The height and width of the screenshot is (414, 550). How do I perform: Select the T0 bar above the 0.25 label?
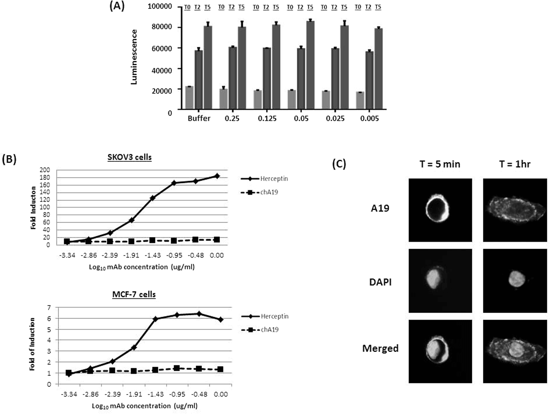[x=223, y=99]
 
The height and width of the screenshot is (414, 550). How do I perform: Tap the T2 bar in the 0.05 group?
[x=301, y=78]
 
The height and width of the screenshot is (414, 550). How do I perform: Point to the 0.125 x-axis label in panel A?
[x=267, y=118]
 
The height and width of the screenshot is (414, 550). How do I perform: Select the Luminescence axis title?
[x=134, y=57]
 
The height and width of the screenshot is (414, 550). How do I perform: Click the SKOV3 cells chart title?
[x=129, y=157]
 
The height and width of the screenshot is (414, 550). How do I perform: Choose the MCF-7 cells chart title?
[x=134, y=294]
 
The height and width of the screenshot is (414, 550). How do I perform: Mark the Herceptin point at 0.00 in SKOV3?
[x=217, y=176]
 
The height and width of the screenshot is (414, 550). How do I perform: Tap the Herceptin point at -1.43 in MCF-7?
[x=155, y=319]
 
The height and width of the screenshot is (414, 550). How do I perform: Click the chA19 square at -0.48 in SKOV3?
[x=195, y=240]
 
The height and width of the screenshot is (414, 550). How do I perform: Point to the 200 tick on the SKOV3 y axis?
[x=44, y=170]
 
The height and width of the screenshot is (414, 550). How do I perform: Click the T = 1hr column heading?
[x=515, y=164]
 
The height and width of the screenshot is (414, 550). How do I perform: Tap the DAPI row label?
[x=380, y=282]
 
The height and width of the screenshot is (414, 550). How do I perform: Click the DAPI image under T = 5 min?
[x=440, y=281]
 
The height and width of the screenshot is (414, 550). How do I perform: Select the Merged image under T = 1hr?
[x=515, y=351]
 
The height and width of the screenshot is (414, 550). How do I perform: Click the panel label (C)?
[x=339, y=164]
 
